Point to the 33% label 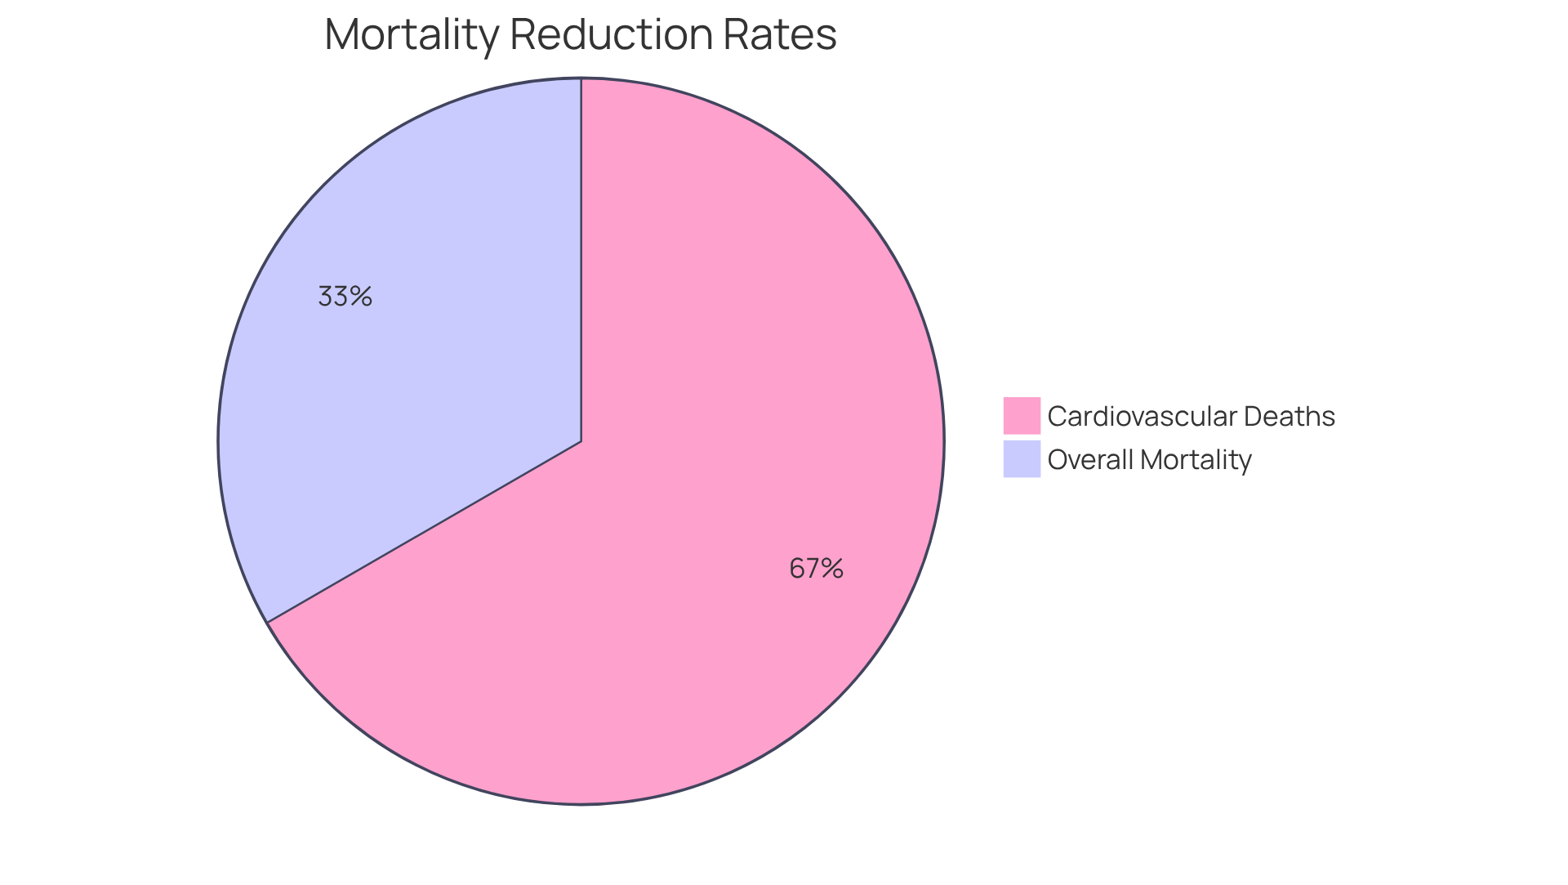[345, 296]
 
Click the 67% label [816, 568]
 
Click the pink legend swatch [1022, 415]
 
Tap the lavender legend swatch [1022, 458]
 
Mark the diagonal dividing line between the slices [425, 532]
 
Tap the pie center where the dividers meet [581, 441]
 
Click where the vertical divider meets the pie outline [581, 78]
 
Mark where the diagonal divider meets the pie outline [268, 622]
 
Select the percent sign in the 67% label [832, 568]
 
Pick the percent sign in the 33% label [361, 296]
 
